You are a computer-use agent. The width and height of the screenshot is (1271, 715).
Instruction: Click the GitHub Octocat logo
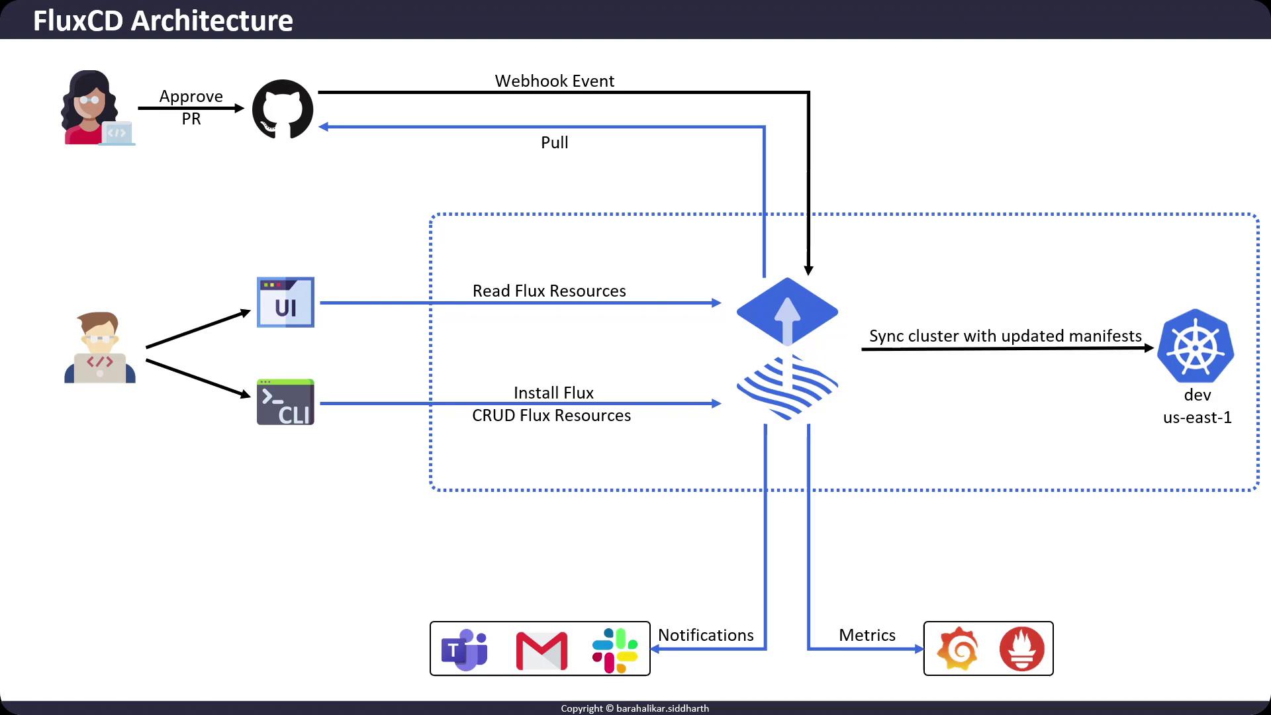[x=283, y=109]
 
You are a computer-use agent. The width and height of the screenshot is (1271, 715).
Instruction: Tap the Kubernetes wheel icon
[x=1196, y=346]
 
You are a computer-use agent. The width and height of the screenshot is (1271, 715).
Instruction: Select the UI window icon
[x=285, y=303]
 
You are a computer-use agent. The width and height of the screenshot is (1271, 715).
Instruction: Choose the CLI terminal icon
[x=285, y=402]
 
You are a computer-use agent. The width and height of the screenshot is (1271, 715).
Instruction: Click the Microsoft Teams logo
[x=465, y=649]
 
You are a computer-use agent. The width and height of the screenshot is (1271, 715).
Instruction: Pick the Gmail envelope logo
[x=541, y=651]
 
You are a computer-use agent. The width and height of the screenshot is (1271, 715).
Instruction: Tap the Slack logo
[x=615, y=650]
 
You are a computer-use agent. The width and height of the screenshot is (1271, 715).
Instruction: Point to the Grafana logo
[x=958, y=649]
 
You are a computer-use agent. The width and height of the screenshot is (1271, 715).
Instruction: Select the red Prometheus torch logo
[x=1021, y=649]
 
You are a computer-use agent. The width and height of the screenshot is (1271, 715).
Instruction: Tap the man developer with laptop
[x=100, y=348]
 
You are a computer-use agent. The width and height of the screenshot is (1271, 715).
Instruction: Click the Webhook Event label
[x=555, y=81]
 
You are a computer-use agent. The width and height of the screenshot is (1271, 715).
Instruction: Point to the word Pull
[x=555, y=142]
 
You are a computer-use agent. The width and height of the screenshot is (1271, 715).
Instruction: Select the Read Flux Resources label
[x=549, y=291]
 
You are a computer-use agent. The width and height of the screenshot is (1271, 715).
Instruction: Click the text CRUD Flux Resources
[x=551, y=415]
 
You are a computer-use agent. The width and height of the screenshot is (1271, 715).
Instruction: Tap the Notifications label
[x=706, y=635]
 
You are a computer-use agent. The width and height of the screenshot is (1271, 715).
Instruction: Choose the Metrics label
[x=867, y=635]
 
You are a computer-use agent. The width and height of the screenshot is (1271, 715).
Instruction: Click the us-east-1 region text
[x=1197, y=417]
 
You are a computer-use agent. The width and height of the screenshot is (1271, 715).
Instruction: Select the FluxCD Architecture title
[x=163, y=21]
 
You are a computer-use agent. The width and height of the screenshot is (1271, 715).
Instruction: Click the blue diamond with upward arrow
[x=787, y=311]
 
